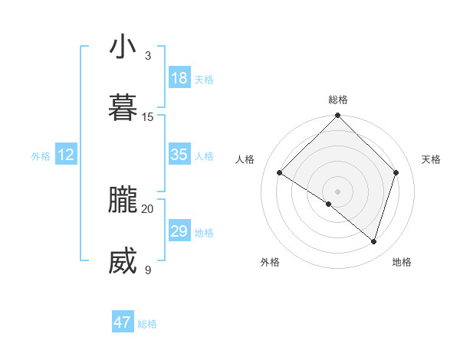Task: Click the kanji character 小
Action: pos(123,47)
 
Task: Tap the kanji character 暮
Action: pos(123,107)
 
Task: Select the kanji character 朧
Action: pos(123,200)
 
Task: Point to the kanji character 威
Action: pos(123,261)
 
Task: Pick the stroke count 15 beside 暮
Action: pos(148,116)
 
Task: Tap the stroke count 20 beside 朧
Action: pos(148,208)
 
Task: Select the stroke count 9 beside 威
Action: pos(148,270)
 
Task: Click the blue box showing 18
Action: pos(179,77)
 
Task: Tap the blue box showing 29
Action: pos(179,231)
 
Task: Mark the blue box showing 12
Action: pos(66,155)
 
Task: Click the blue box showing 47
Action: pos(123,322)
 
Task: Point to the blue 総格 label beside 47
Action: pos(147,324)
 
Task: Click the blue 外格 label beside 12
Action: pos(41,156)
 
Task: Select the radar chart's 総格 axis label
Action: pos(338,100)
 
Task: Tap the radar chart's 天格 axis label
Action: pos(432,159)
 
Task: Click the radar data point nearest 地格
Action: pos(374,242)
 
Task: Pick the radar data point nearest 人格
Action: pos(280,173)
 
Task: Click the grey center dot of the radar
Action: pos(338,191)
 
